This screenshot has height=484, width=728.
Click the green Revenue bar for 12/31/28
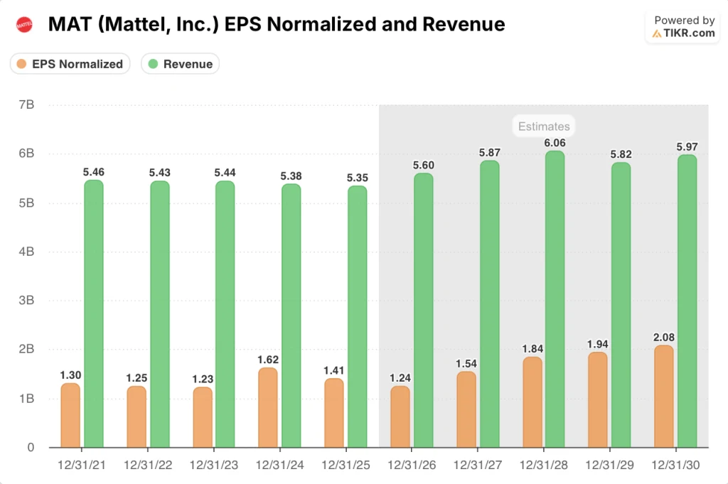pyautogui.click(x=555, y=299)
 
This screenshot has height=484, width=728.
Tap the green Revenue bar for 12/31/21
pyautogui.click(x=94, y=313)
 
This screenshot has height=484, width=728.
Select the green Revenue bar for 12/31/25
pyautogui.click(x=357, y=316)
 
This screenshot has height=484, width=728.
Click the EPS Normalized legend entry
pyautogui.click(x=70, y=64)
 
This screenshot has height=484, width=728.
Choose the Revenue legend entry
pyautogui.click(x=181, y=64)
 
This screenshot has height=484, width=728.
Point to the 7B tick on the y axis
pyautogui.click(x=26, y=105)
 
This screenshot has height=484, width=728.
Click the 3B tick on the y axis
pyautogui.click(x=26, y=301)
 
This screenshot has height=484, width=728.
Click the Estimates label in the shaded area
pyautogui.click(x=544, y=127)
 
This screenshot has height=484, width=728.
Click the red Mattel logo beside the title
pyautogui.click(x=24, y=25)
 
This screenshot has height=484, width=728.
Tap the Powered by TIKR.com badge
pyautogui.click(x=683, y=27)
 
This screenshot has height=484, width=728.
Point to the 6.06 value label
pyautogui.click(x=555, y=142)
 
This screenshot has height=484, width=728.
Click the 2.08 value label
pyautogui.click(x=663, y=337)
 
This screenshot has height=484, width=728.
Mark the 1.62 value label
pyautogui.click(x=269, y=360)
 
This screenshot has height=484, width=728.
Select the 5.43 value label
pyautogui.click(x=160, y=173)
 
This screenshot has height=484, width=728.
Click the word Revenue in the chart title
pyautogui.click(x=464, y=25)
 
